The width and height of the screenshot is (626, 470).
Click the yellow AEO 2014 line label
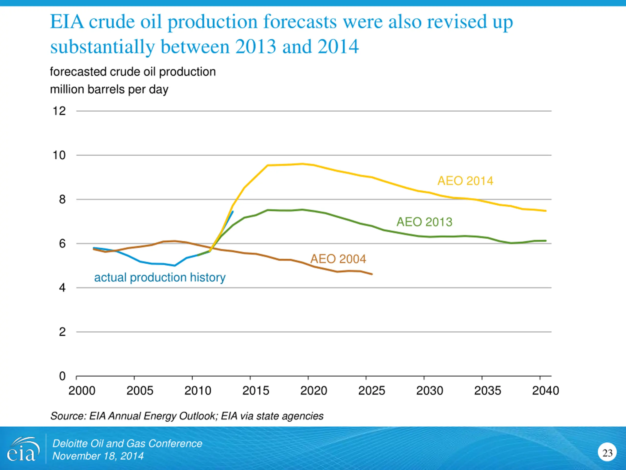[465, 181]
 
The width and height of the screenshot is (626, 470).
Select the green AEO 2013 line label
[424, 222]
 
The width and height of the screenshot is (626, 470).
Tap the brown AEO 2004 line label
[338, 259]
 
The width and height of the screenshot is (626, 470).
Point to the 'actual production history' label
[160, 277]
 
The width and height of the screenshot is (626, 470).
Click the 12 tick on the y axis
[59, 111]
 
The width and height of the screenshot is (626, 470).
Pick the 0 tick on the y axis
[62, 376]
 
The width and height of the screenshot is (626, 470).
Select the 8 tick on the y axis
[62, 200]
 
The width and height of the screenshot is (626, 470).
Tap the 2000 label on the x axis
[82, 391]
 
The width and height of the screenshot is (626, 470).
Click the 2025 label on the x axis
[372, 391]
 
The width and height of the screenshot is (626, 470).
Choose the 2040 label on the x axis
[545, 391]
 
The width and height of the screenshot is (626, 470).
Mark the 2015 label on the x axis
[256, 391]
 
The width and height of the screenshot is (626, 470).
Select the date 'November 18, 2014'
[98, 456]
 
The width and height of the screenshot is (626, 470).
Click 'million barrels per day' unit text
[109, 90]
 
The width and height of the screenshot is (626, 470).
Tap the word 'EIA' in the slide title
[67, 22]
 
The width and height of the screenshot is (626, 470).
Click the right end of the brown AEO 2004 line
[372, 274]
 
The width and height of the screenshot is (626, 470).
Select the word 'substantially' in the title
[102, 47]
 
